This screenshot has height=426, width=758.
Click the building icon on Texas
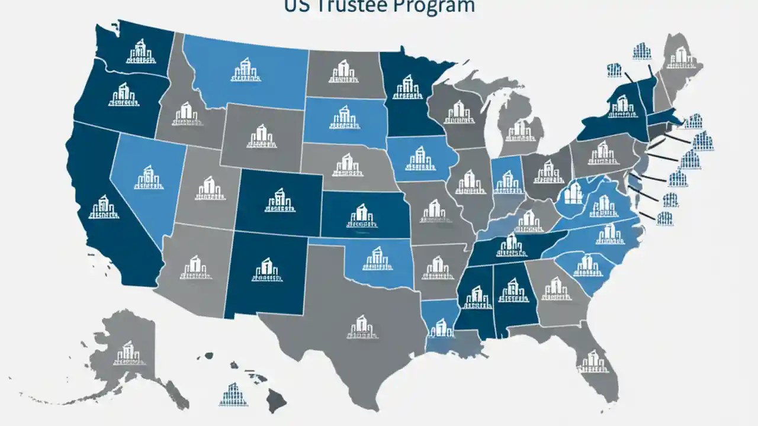tap(362, 327)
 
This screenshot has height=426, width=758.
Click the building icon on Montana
tap(246, 70)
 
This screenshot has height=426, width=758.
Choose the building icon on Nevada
tap(149, 177)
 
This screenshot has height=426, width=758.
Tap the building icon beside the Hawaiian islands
tap(233, 394)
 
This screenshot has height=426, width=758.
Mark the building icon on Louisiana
tap(441, 327)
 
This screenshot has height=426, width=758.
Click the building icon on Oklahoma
tap(377, 259)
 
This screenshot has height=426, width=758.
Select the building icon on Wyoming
tap(261, 137)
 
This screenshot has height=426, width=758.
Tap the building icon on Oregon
tap(123, 95)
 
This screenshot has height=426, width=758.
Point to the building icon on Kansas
tap(361, 216)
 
